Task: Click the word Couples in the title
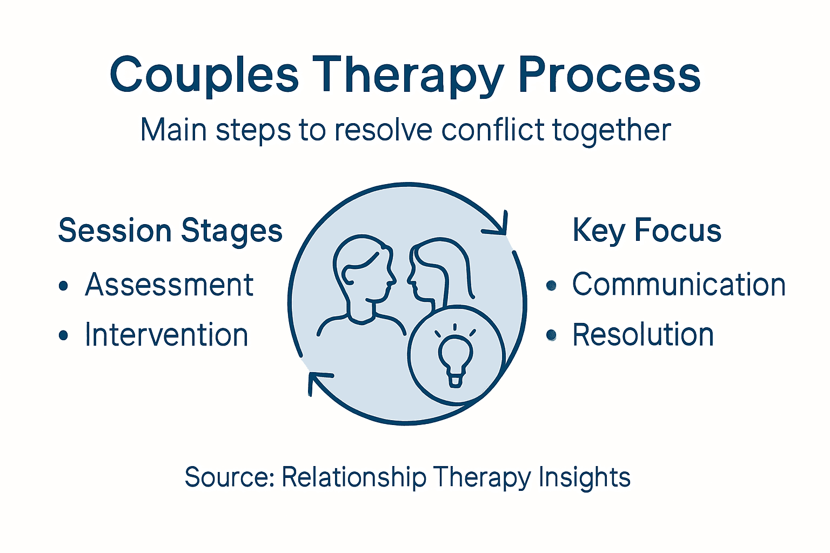click(x=204, y=76)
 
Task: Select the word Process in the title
click(x=609, y=76)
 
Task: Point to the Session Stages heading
click(x=170, y=231)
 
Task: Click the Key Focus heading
click(x=647, y=231)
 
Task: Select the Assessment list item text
click(x=169, y=285)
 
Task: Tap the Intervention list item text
click(x=166, y=335)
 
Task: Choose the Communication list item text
click(x=679, y=285)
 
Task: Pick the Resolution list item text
click(x=643, y=335)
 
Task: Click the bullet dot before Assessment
click(x=64, y=286)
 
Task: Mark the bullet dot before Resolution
click(x=551, y=335)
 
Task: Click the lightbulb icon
click(x=456, y=356)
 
